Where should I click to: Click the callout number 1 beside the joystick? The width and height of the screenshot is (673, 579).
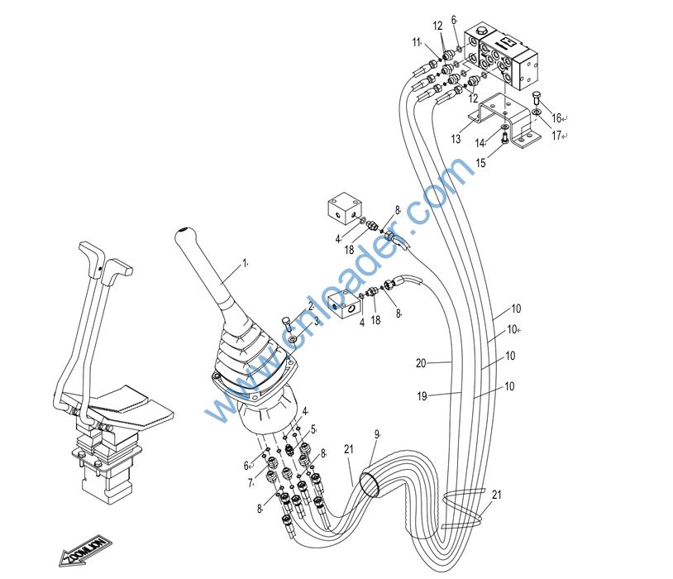pos(244,263)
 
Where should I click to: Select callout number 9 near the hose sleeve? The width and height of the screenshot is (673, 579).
pos(376,433)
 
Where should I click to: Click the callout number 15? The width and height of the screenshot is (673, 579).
pos(480,164)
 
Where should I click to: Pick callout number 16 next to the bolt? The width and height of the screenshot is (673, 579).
pos(556,117)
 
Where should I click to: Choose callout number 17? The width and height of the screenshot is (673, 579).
pos(556,135)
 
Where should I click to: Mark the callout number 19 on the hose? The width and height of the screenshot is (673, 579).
pos(422,397)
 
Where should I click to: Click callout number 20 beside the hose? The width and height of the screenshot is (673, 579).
pos(421,362)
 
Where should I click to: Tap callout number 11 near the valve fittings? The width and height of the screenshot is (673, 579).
pos(417,41)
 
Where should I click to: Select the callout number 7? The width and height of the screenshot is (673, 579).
pos(250,482)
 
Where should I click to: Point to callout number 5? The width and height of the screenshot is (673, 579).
pos(313,429)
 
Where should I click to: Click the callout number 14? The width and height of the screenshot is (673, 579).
pos(502,142)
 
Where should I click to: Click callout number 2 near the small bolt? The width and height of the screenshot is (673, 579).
pos(311,306)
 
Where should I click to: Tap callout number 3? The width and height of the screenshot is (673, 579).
pos(316,319)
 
